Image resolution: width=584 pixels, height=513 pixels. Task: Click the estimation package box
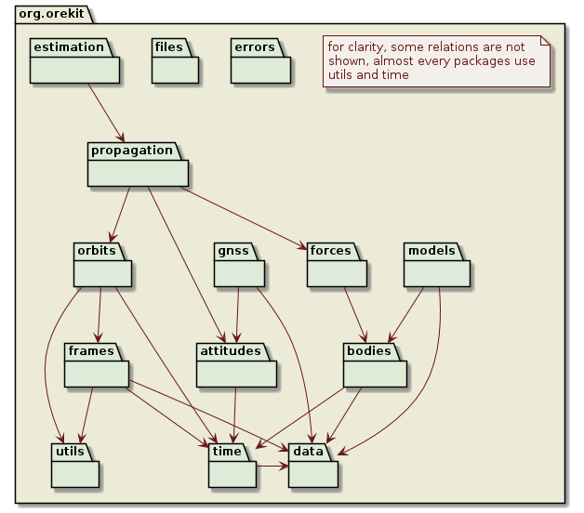tap(73, 69)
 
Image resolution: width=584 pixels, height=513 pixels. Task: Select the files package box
tap(175, 69)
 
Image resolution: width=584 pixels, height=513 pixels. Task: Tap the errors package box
tap(260, 69)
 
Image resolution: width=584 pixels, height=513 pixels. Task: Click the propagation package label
tap(131, 151)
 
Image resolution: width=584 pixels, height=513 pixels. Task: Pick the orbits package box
tap(102, 271)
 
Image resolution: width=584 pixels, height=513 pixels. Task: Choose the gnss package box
tap(239, 271)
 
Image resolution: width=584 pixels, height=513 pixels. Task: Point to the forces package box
tap(337, 271)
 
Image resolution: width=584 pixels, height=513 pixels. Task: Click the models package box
tap(437, 271)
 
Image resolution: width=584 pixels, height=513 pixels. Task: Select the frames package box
tap(96, 372)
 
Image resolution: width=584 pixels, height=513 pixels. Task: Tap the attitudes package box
tap(237, 372)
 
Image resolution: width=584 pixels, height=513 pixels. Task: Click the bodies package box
tap(376, 372)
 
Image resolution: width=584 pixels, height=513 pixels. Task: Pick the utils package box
tap(75, 472)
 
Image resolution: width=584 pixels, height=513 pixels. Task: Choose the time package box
tap(232, 472)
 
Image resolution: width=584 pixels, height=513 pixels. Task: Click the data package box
tap(313, 472)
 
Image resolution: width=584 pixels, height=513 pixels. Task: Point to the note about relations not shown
tap(437, 61)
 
